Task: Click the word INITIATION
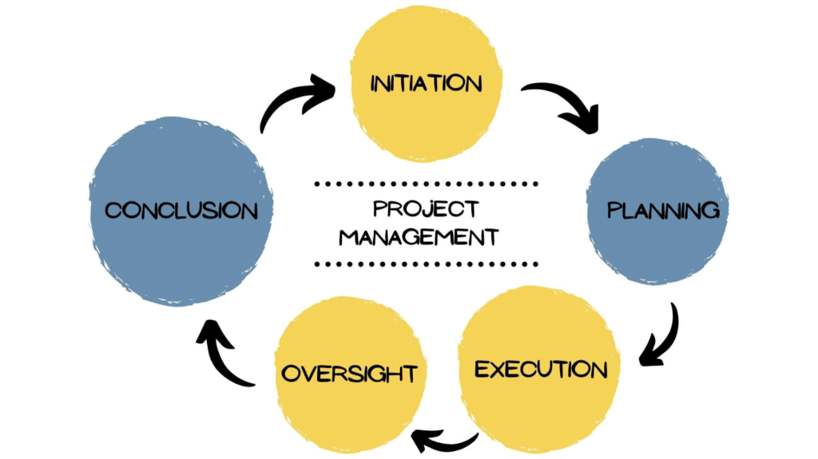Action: click(x=426, y=84)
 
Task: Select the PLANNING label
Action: click(x=663, y=211)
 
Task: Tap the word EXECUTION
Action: click(x=541, y=370)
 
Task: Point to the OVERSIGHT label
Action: click(x=348, y=373)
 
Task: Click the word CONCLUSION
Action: click(x=182, y=211)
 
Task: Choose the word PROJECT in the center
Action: click(x=426, y=209)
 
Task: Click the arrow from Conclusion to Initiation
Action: click(x=296, y=100)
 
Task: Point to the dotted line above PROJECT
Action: click(x=426, y=184)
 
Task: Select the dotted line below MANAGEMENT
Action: click(x=426, y=263)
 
